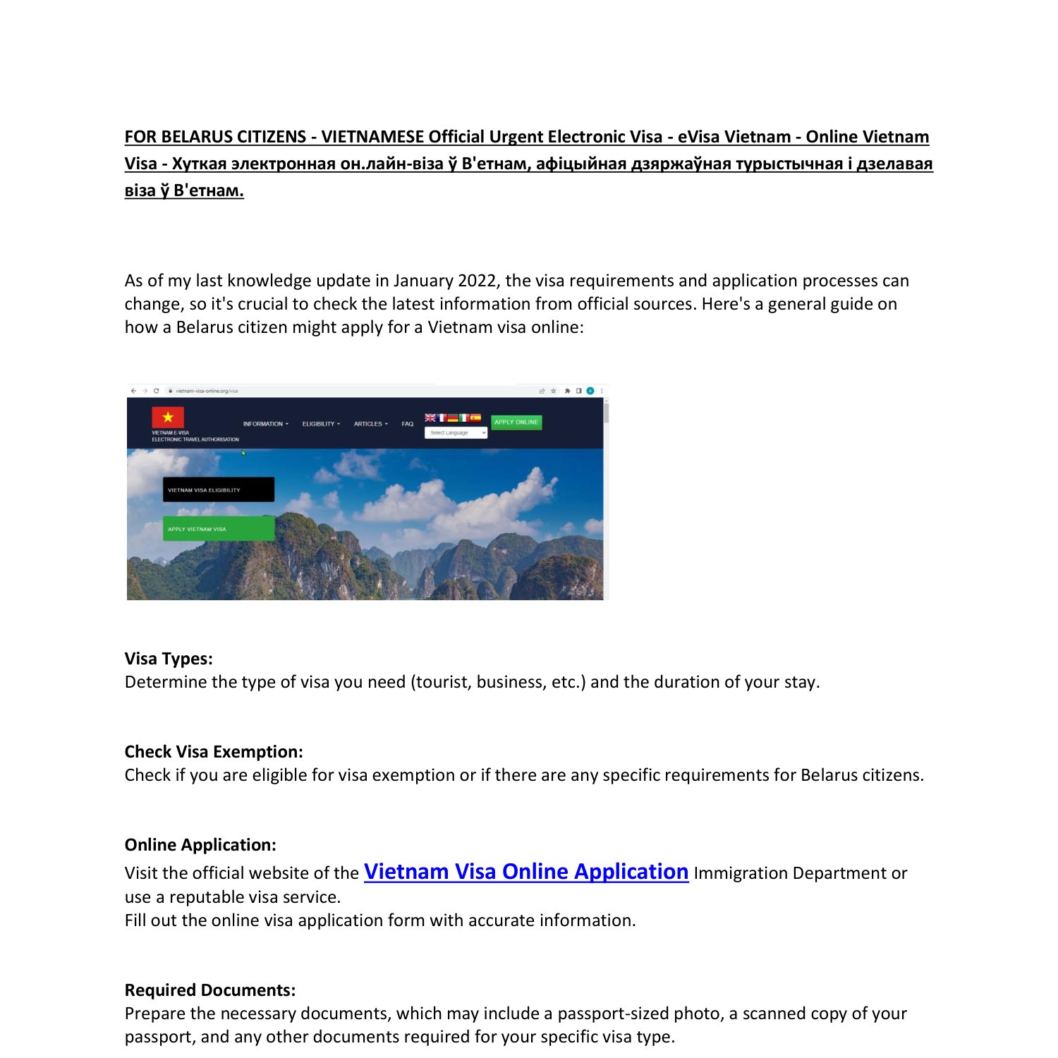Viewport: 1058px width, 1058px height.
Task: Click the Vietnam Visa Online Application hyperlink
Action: (x=525, y=872)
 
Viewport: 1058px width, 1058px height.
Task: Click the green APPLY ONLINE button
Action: (x=516, y=422)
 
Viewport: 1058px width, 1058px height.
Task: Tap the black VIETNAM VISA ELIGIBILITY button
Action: (x=218, y=490)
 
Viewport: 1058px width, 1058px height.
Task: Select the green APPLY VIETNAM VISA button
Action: (x=218, y=528)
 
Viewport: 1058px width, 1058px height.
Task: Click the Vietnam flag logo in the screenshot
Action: (x=168, y=417)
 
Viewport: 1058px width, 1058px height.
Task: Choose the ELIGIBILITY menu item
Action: (x=321, y=424)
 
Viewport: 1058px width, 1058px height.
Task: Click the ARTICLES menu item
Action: (x=370, y=424)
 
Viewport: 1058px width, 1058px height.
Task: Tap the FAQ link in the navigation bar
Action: (x=408, y=424)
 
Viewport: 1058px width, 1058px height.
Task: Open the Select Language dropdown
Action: (x=456, y=433)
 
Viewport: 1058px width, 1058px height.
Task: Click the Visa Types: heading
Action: (x=169, y=659)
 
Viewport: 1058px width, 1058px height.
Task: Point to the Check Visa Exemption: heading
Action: (x=214, y=752)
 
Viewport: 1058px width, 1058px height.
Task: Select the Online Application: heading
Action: (x=200, y=845)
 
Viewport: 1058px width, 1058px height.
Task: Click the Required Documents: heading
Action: (x=210, y=990)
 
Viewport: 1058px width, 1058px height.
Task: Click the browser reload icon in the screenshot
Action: (x=156, y=391)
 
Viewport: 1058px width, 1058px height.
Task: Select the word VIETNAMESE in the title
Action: (x=372, y=137)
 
